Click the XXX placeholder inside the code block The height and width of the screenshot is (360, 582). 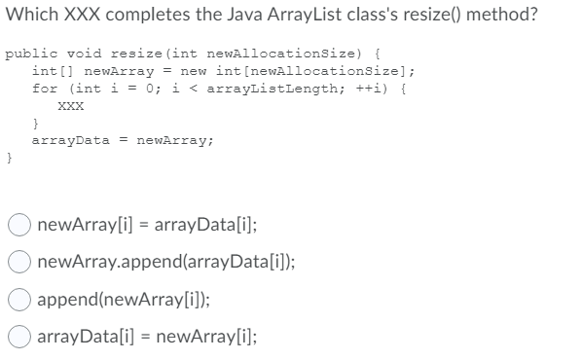[69, 108]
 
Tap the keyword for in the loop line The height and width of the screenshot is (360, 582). [44, 89]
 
